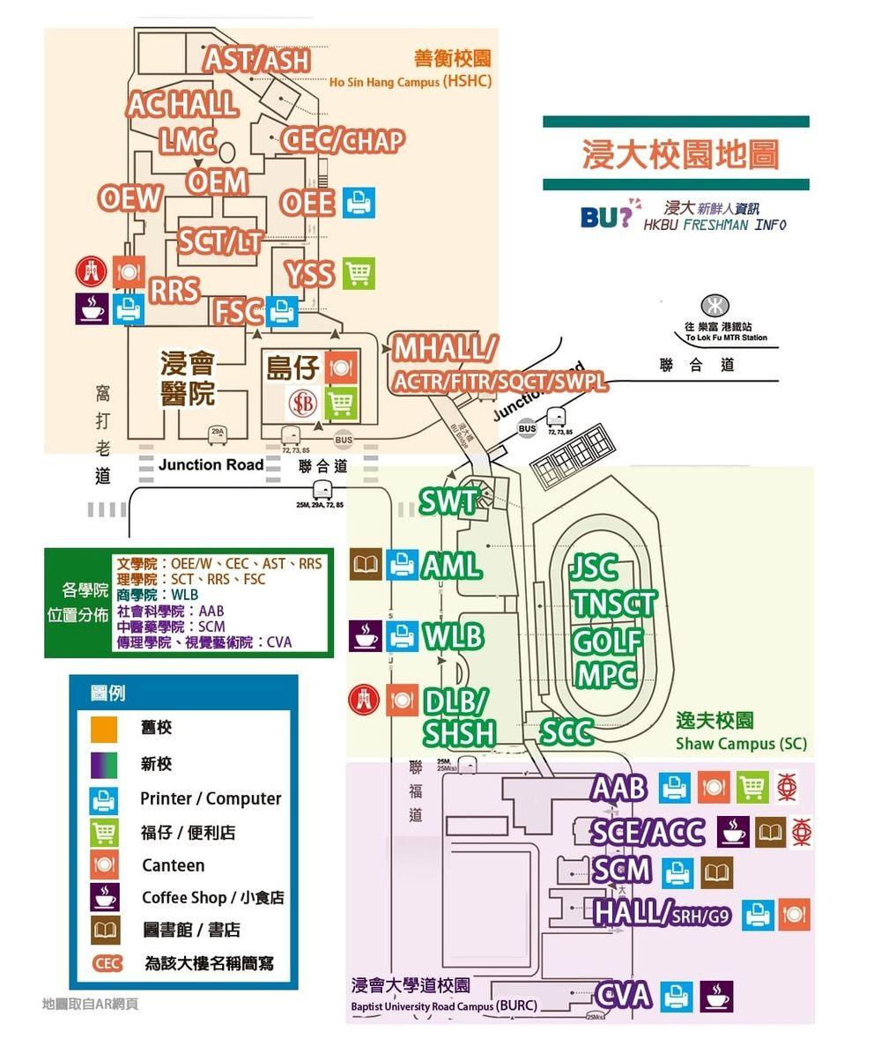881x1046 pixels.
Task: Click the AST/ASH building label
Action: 257,60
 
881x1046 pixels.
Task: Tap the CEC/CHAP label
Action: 344,140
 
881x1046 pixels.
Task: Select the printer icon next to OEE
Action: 358,203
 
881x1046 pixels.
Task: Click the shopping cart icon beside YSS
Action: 359,273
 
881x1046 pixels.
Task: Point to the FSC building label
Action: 239,311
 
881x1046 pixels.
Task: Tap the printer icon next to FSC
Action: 283,311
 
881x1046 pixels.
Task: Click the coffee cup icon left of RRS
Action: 92,308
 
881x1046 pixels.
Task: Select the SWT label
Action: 447,502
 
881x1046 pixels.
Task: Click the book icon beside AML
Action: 366,565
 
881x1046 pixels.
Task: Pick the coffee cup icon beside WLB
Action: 366,635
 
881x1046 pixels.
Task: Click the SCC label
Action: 566,732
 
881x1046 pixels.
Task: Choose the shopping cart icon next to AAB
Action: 751,787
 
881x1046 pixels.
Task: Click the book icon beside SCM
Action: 716,872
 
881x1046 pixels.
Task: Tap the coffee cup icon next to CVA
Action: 716,996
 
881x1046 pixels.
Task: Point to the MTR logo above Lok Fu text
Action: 714,306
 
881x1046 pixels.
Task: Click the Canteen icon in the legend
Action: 104,865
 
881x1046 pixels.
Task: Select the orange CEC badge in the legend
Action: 107,963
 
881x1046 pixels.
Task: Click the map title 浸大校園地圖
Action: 680,154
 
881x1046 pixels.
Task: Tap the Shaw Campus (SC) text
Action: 741,744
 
